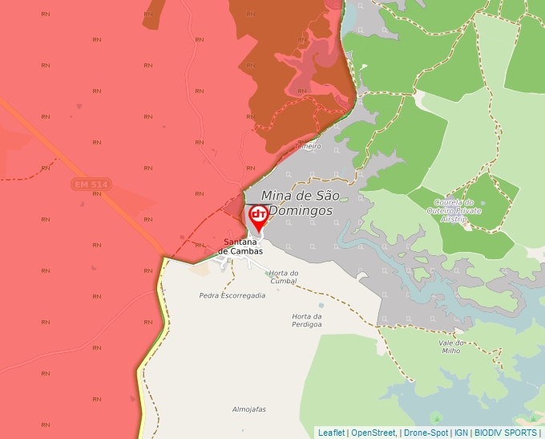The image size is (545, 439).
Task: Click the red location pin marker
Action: click(259, 215)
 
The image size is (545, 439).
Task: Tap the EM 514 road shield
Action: click(91, 185)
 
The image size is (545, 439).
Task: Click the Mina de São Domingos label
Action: click(300, 203)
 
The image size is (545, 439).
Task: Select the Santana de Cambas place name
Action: click(243, 246)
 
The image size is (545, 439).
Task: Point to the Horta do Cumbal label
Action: click(284, 277)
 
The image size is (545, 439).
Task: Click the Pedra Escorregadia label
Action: click(232, 295)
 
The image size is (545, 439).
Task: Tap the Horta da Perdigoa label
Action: click(307, 320)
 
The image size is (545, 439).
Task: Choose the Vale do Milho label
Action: click(453, 347)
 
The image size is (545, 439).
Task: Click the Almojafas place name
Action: click(248, 409)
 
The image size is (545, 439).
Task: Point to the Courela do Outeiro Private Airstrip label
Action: click(454, 210)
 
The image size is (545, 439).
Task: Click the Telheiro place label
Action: click(308, 147)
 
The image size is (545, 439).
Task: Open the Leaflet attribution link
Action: click(331, 433)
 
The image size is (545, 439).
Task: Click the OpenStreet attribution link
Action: click(373, 433)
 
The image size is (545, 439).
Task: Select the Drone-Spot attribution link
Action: click(426, 433)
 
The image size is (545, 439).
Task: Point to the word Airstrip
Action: click(454, 218)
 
